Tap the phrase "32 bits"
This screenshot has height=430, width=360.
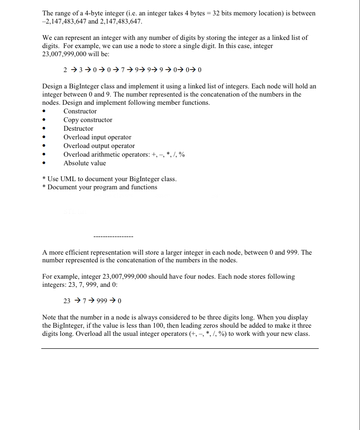[224, 13]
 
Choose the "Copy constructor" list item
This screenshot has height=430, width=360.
[88, 120]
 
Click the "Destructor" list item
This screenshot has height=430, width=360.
[78, 129]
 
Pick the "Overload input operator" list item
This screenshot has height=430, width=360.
[97, 137]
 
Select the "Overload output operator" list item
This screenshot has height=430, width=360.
[99, 146]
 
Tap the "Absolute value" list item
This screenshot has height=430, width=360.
[84, 163]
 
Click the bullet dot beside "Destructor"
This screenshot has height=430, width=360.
[44, 129]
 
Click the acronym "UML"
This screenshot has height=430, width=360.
[70, 179]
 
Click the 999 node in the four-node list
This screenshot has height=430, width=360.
[102, 301]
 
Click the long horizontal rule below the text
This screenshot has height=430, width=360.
[180, 348]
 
